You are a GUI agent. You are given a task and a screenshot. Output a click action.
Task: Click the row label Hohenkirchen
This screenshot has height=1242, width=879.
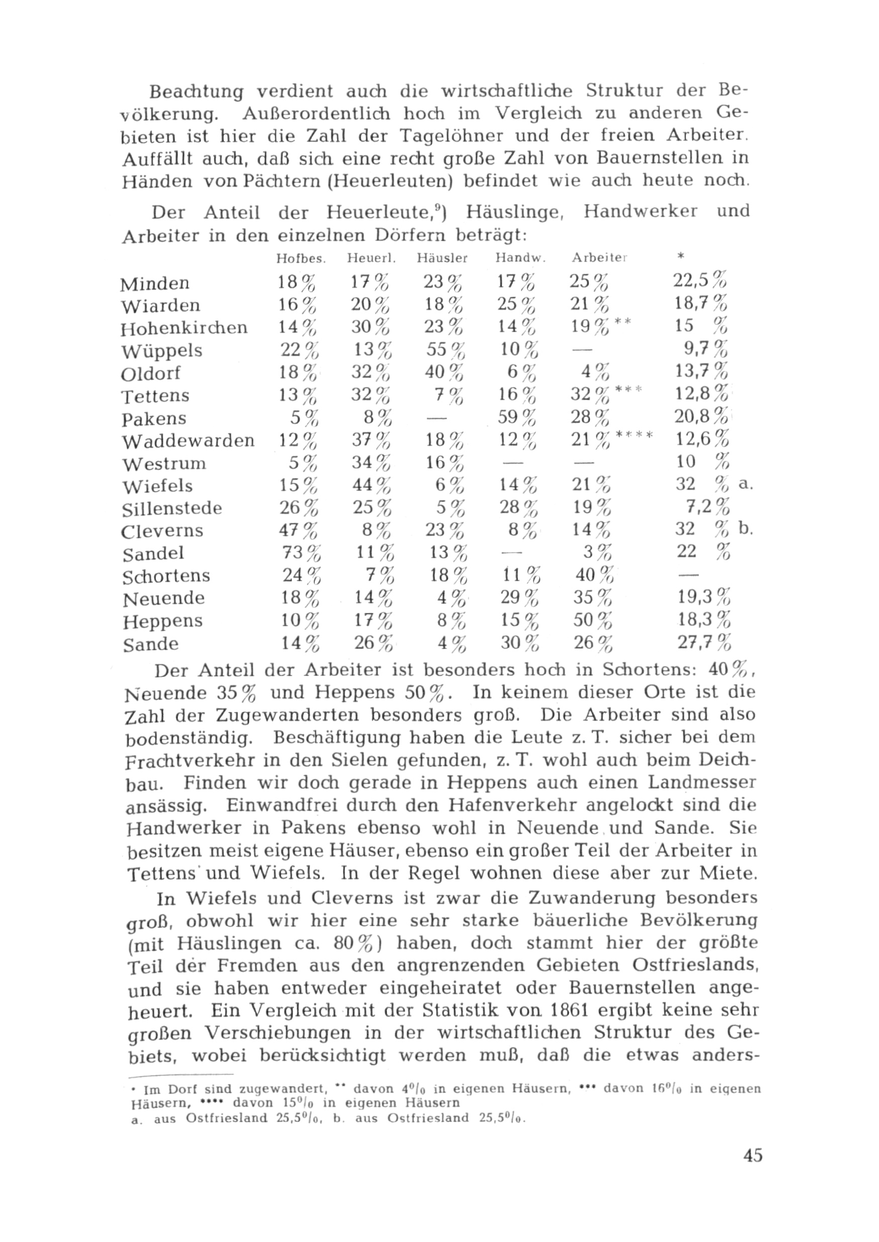184,328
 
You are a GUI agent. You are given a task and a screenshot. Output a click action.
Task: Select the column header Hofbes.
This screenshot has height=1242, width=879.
300,258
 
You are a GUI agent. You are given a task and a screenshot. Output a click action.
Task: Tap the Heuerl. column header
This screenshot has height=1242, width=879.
371,258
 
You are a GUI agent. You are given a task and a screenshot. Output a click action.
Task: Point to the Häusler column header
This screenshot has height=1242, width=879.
442,258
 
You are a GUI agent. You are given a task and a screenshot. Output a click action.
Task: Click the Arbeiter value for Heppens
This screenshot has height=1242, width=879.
593,620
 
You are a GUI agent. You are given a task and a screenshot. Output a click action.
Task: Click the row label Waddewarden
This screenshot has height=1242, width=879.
188,440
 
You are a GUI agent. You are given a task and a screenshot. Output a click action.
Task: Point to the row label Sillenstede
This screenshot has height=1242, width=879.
172,509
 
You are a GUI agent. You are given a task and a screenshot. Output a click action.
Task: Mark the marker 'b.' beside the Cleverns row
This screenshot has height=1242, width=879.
746,530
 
